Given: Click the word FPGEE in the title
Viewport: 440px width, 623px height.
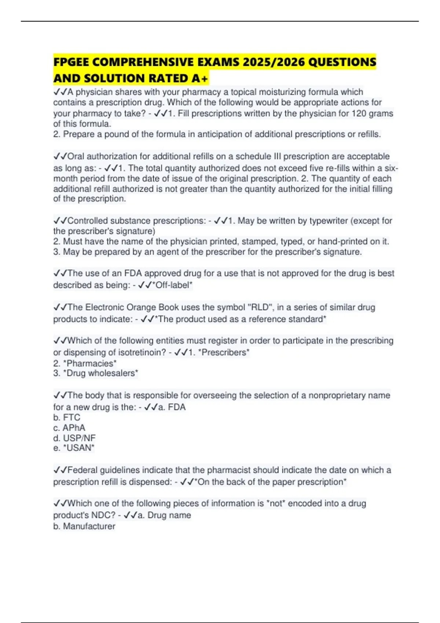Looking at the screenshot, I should click(71, 62).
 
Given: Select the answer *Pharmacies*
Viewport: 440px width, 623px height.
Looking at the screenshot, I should click(90, 364).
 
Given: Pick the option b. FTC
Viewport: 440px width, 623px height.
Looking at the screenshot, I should click(67, 417).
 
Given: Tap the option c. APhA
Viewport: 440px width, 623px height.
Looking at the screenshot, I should click(69, 428).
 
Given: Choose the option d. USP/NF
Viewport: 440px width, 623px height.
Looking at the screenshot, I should click(74, 438).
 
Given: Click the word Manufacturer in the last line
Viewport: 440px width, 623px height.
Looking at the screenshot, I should click(89, 526).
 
